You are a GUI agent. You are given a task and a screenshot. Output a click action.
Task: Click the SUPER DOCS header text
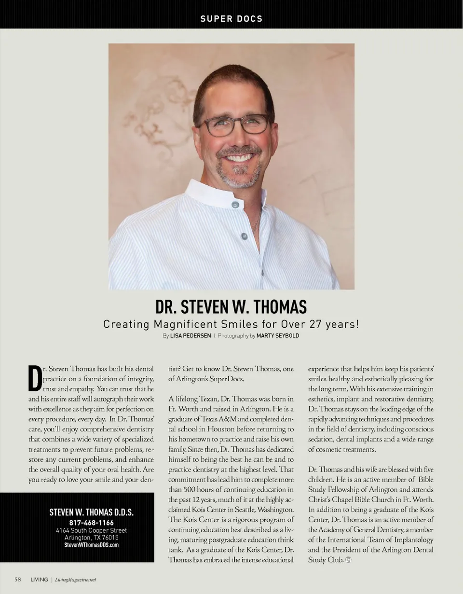[x=231, y=19]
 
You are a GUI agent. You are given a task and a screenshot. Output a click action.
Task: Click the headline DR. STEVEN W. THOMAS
[x=231, y=307]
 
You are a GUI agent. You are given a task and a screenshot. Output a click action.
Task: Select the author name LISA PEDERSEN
[x=191, y=336]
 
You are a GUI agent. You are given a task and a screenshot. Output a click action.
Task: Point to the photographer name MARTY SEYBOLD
[x=278, y=336]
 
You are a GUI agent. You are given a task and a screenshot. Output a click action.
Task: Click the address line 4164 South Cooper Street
[x=92, y=530]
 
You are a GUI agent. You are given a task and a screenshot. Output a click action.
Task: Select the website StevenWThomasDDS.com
[x=92, y=545]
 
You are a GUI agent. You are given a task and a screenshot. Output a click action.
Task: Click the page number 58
[x=17, y=580]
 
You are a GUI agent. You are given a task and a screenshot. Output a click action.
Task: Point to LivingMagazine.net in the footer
[x=77, y=580]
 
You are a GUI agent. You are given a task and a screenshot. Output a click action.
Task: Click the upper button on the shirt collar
[x=235, y=205]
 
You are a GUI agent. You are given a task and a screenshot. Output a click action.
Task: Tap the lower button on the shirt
[x=244, y=236]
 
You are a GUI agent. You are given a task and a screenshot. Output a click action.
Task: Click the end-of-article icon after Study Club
[x=348, y=560]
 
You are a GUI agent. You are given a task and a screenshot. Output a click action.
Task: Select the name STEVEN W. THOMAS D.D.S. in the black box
[x=92, y=512]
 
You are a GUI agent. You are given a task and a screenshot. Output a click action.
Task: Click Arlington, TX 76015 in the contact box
[x=92, y=538]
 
